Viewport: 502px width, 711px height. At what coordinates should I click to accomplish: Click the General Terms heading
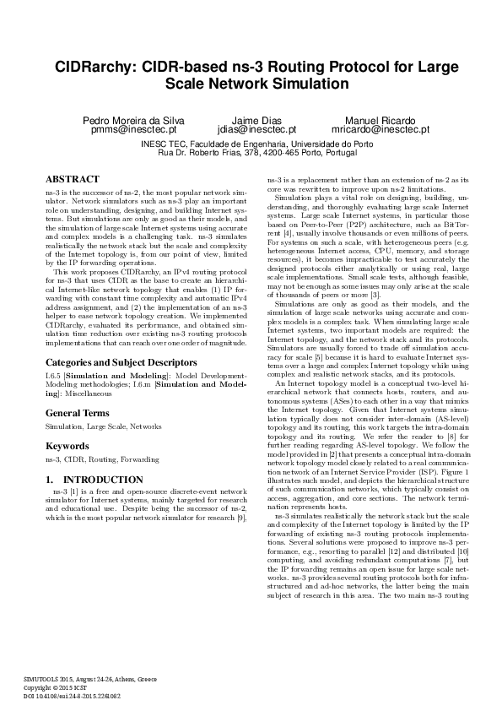77,413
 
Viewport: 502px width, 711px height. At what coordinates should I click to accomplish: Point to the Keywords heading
67,444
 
